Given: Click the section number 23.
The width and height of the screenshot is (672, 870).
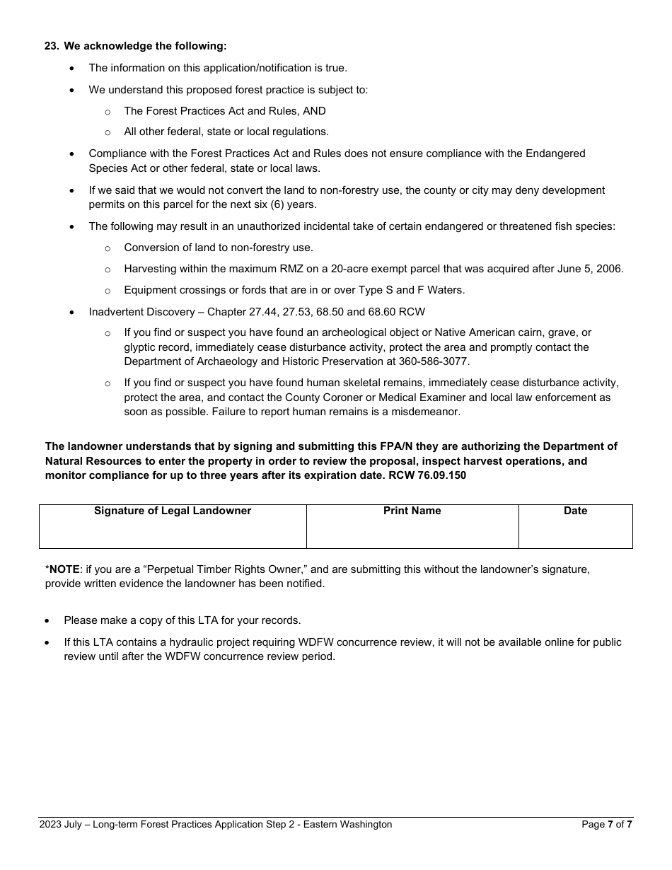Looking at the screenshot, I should tap(51, 46).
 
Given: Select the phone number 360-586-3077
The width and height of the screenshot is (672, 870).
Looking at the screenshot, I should tap(433, 361).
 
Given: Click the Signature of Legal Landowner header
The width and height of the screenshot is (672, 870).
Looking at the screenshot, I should tap(173, 511).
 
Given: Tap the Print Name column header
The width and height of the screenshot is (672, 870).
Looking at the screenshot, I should tap(412, 511).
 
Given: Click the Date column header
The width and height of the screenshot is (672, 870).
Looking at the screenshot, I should tap(575, 511).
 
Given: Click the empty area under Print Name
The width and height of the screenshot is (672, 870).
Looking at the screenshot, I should tap(412, 533).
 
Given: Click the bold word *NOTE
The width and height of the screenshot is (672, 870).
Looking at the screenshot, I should tap(62, 569).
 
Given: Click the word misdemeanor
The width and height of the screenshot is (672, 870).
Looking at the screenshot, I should tap(422, 412).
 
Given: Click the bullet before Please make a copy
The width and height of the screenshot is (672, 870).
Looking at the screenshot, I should tap(47, 620).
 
